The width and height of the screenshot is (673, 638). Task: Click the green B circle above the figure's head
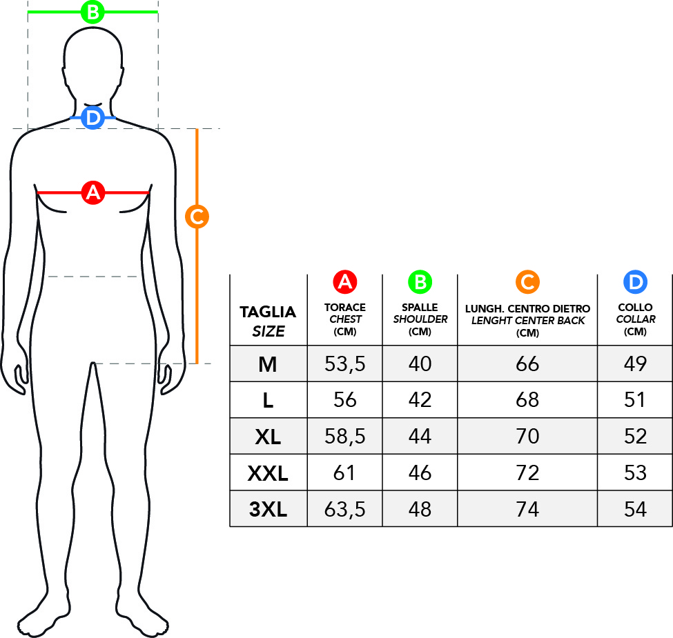coord(92,12)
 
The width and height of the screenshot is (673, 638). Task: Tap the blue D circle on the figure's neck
coord(92,117)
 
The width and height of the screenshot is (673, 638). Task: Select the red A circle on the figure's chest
coord(93,192)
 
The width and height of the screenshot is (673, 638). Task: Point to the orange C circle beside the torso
coord(197,217)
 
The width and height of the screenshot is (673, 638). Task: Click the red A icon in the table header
coord(345,282)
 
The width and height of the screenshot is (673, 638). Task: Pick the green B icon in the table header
coord(420,282)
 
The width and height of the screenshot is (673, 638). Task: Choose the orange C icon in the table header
coord(527,282)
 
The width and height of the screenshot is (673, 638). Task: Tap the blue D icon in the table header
coord(635,282)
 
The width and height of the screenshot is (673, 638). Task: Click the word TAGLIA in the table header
coord(268,312)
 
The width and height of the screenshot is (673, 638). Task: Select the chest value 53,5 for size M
coord(344,364)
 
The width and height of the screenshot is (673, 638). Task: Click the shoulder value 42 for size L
coord(420,400)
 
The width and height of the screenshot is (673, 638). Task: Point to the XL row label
coord(268,437)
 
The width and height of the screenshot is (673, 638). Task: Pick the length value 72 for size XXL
coord(527,473)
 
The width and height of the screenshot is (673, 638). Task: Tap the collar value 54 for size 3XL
coord(635,510)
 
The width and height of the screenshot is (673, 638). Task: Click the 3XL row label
coord(268,510)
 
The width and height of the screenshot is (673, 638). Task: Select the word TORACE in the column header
coord(345,308)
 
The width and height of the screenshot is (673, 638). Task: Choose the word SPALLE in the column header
coord(420,308)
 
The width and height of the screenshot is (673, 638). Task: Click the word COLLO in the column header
coord(635,308)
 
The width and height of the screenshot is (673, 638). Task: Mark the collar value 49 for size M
coord(635,364)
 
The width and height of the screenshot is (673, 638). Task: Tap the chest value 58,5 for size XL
coord(344,437)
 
